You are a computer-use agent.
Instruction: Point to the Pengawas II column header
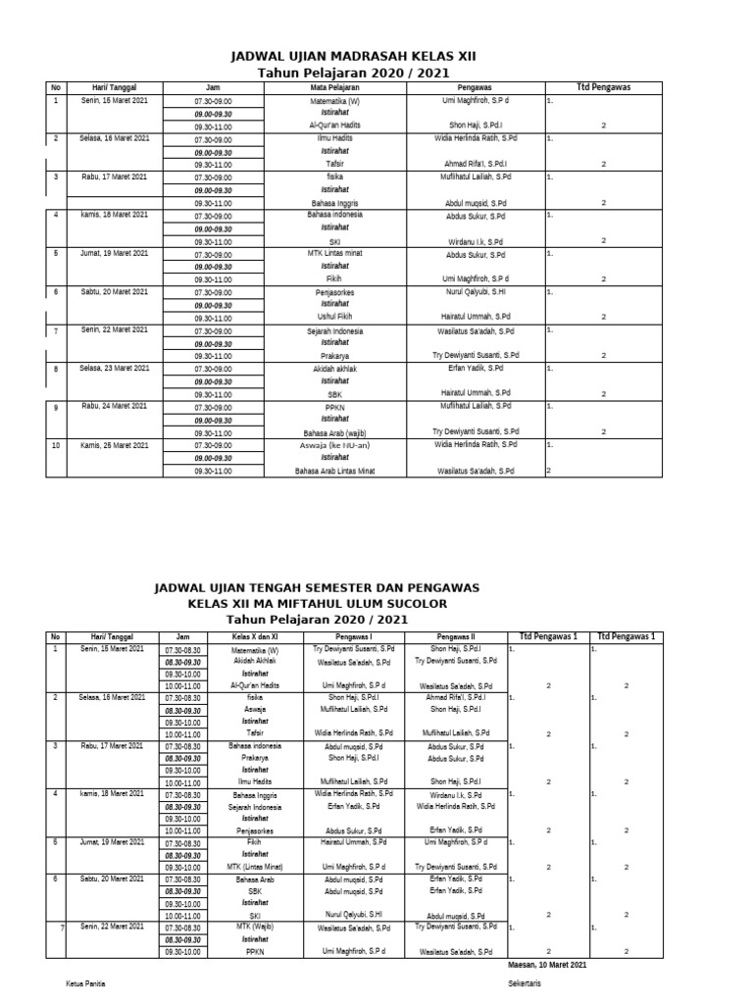[456, 636]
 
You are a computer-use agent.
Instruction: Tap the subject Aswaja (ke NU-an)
[335, 445]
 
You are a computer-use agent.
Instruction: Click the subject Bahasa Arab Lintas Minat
[335, 471]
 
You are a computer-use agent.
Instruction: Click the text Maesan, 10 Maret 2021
[548, 966]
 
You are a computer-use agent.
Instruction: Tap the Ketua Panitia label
[85, 982]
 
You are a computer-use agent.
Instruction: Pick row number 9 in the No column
[57, 407]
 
